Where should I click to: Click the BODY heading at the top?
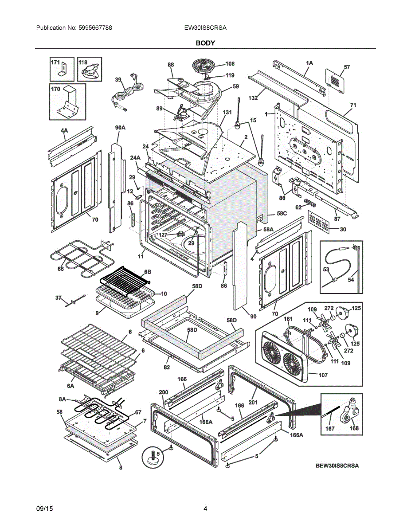pyautogui.click(x=205, y=43)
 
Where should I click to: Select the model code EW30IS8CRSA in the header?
pyautogui.click(x=205, y=27)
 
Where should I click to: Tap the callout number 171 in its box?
pyautogui.click(x=55, y=63)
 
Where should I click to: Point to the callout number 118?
pyautogui.click(x=83, y=63)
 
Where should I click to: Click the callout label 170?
pyautogui.click(x=55, y=89)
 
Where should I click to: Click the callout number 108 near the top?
pyautogui.click(x=230, y=64)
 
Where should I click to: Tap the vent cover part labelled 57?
pyautogui.click(x=336, y=80)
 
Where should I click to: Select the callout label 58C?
pyautogui.click(x=282, y=213)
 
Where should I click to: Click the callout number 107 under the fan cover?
pyautogui.click(x=323, y=375)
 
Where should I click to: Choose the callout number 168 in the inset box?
pyautogui.click(x=354, y=428)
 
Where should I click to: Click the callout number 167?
pyautogui.click(x=330, y=428)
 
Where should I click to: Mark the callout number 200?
pyautogui.click(x=164, y=392)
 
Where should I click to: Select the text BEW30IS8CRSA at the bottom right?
pyautogui.click(x=337, y=465)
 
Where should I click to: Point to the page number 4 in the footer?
pyautogui.click(x=205, y=509)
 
